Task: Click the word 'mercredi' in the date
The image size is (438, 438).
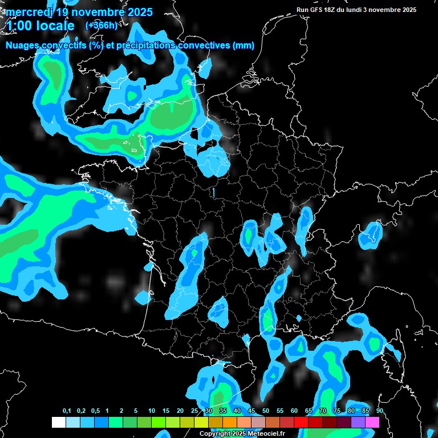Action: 29,12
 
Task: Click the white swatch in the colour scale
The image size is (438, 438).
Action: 58,423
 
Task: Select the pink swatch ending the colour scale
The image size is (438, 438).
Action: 372,423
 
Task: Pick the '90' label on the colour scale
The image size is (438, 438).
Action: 379,411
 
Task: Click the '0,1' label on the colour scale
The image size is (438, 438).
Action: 67,411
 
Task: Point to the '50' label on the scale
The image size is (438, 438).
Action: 266,411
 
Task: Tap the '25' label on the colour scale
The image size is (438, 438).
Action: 194,411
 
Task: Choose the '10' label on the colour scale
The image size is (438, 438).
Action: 152,411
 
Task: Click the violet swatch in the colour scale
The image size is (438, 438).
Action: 358,423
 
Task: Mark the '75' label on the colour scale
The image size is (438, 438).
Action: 337,411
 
